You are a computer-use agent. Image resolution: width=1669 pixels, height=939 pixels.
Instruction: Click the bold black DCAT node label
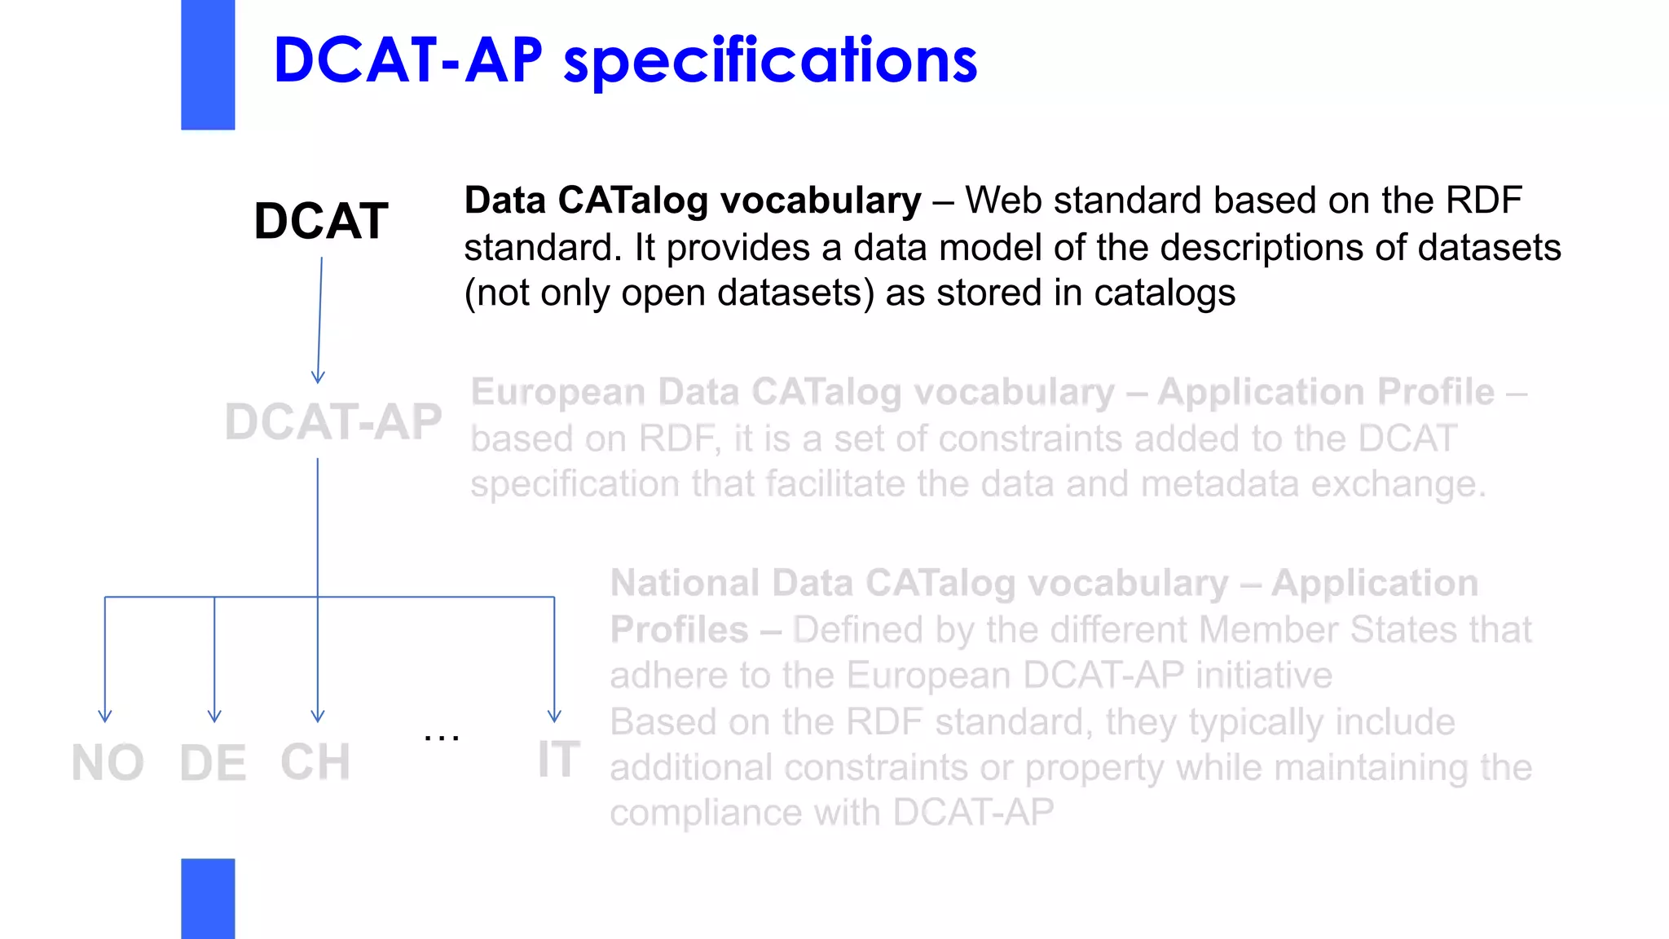[321, 221]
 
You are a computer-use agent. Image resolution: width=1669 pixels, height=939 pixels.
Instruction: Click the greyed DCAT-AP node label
[333, 422]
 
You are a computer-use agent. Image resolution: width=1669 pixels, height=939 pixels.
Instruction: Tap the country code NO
[108, 764]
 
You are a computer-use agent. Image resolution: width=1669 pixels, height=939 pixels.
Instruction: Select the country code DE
[213, 764]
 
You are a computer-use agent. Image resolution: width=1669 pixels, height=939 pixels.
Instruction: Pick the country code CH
[315, 762]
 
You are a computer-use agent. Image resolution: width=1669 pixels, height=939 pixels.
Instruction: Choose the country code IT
[558, 760]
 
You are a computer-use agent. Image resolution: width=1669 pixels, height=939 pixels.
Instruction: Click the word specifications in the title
[770, 61]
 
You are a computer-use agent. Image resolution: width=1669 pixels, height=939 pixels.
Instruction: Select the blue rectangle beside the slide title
[208, 64]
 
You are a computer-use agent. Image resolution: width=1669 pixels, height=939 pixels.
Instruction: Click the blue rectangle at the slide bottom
[208, 898]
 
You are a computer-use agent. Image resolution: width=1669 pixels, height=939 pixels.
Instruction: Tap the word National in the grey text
[685, 584]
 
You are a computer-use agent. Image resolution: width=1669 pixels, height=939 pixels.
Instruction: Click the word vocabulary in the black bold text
[821, 201]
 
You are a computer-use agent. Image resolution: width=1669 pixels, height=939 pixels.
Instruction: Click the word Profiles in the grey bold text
[679, 630]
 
